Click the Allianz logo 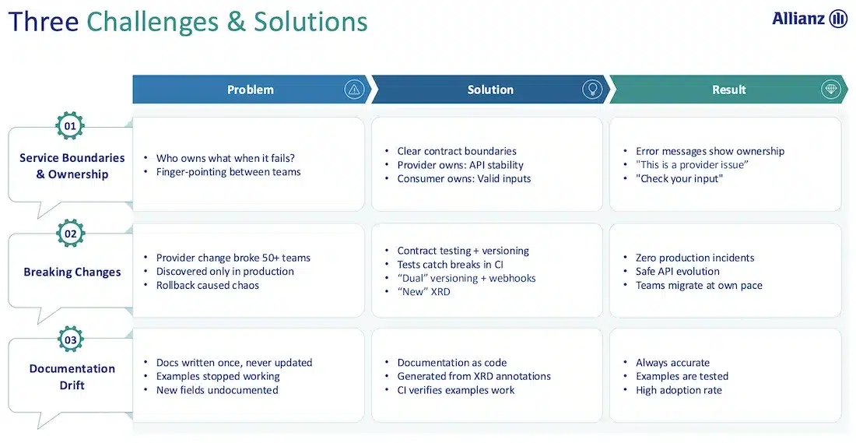pyautogui.click(x=809, y=19)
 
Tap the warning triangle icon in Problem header pyautogui.click(x=354, y=90)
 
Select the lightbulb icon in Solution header pyautogui.click(x=592, y=90)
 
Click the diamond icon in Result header pyautogui.click(x=831, y=90)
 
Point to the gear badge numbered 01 pyautogui.click(x=70, y=126)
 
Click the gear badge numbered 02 pyautogui.click(x=70, y=234)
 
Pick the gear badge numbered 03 pyautogui.click(x=70, y=339)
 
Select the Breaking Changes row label pyautogui.click(x=72, y=272)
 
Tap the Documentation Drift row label pyautogui.click(x=72, y=377)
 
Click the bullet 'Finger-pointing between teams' pyautogui.click(x=228, y=172)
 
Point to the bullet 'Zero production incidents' pyautogui.click(x=695, y=258)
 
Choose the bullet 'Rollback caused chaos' pyautogui.click(x=208, y=285)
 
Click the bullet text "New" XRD pyautogui.click(x=423, y=292)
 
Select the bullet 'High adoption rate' pyautogui.click(x=679, y=390)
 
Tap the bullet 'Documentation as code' pyautogui.click(x=451, y=363)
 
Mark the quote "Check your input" pyautogui.click(x=679, y=178)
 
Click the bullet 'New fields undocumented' pyautogui.click(x=217, y=390)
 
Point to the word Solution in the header pyautogui.click(x=490, y=90)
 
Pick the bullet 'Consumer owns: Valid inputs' pyautogui.click(x=464, y=178)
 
